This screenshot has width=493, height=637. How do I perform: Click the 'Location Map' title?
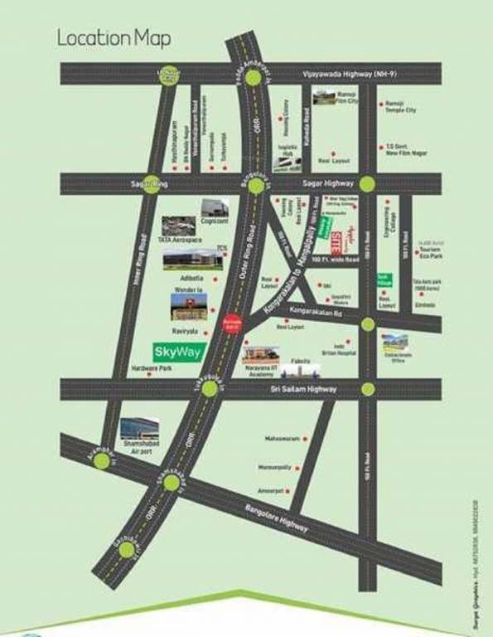point(115,37)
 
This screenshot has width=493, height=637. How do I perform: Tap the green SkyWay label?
point(174,350)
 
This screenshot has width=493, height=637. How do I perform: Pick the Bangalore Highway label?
point(273,515)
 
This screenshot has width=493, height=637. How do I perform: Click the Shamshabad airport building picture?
point(139,429)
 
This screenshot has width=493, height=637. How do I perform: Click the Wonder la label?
point(189,289)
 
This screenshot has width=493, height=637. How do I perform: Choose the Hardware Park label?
point(150,368)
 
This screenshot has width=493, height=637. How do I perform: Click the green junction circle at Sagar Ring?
point(152,185)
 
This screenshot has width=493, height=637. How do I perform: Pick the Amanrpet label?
point(273,491)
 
